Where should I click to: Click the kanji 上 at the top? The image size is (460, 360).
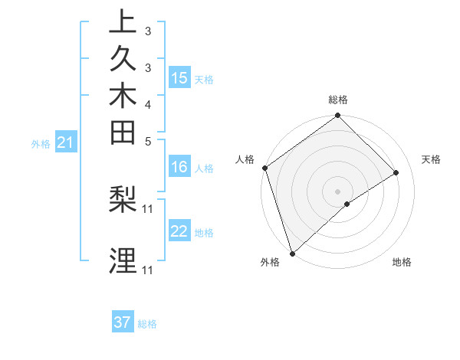click(123, 22)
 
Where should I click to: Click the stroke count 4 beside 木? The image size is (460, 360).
click(148, 104)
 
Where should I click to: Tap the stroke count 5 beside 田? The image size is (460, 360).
click(148, 141)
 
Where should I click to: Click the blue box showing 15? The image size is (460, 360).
click(179, 77)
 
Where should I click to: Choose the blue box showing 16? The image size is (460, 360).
click(179, 167)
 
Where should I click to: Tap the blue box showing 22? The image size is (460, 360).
click(179, 231)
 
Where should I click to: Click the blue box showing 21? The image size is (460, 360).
click(66, 142)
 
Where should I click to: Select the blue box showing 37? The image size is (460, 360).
click(123, 322)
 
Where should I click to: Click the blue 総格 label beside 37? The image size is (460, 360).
click(148, 324)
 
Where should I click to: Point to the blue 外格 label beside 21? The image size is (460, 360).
click(41, 143)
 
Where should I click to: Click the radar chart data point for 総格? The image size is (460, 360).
click(337, 116)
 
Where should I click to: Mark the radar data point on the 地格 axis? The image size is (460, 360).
click(347, 204)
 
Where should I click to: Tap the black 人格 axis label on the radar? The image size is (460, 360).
click(245, 159)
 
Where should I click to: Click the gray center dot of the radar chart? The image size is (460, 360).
click(337, 191)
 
